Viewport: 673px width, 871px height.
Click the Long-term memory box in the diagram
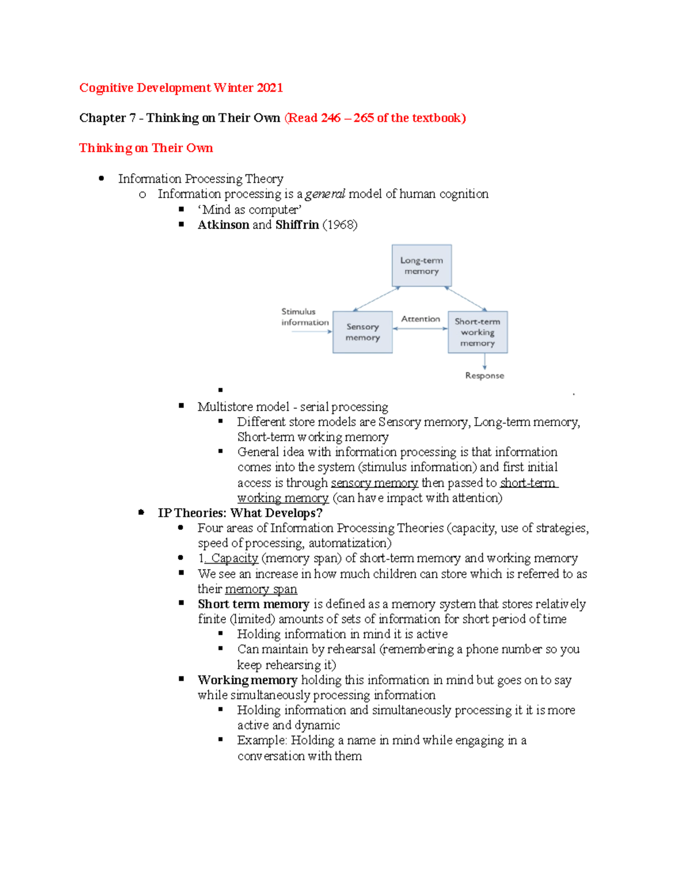click(x=421, y=265)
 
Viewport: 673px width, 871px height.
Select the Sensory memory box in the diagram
click(x=362, y=332)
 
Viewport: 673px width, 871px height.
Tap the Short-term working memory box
click(x=477, y=332)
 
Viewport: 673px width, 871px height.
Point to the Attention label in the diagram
click(x=421, y=319)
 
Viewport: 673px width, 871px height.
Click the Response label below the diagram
click(x=484, y=375)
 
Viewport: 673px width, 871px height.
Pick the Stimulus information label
click(x=305, y=317)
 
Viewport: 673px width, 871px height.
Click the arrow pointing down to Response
click(x=485, y=362)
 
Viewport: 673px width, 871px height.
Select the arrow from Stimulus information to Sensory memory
click(x=312, y=331)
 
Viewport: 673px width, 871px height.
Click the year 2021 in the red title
click(x=270, y=87)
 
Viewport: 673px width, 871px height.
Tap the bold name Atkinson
click(x=223, y=224)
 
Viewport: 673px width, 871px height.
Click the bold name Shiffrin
click(x=297, y=224)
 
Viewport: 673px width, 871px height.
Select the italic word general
click(x=325, y=194)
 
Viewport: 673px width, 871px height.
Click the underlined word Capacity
click(x=234, y=558)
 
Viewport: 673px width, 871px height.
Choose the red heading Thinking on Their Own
click(x=146, y=148)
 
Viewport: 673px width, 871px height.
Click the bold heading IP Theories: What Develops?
click(x=240, y=513)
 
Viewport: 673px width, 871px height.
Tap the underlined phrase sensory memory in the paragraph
click(x=374, y=482)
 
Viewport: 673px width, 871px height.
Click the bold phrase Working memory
click(x=247, y=680)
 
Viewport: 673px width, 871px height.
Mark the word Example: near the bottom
click(x=262, y=740)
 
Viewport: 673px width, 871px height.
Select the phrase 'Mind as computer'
click(x=250, y=209)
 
